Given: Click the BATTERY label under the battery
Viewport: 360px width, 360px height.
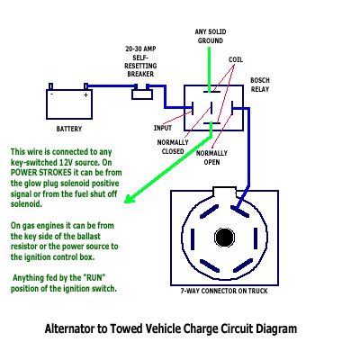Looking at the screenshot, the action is (69, 129).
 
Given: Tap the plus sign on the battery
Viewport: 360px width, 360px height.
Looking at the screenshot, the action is (85, 95).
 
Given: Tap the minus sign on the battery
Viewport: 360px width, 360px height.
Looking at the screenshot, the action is (52, 94).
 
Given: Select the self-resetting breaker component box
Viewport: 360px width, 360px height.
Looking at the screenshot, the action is (142, 94).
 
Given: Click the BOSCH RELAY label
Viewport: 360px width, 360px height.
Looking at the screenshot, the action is (260, 85).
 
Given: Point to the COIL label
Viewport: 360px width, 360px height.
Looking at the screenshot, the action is (236, 59).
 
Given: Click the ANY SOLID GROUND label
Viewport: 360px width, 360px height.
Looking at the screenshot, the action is (211, 36).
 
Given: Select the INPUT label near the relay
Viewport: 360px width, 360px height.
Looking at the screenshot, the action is (163, 128).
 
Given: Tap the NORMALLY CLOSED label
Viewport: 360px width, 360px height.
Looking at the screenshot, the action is (173, 147).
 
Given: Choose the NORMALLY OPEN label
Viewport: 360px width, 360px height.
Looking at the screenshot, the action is (211, 157).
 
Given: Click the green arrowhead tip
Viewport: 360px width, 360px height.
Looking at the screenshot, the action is (124, 202).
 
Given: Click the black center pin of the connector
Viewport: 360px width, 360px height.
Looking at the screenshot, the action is (224, 237).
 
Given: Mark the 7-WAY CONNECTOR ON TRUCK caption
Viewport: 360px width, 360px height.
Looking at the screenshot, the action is (224, 291).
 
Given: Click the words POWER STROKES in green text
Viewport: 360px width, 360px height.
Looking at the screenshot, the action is (41, 173).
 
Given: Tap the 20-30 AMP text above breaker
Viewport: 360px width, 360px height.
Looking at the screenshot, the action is (140, 49).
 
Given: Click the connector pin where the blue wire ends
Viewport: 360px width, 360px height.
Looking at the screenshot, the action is (239, 211).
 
